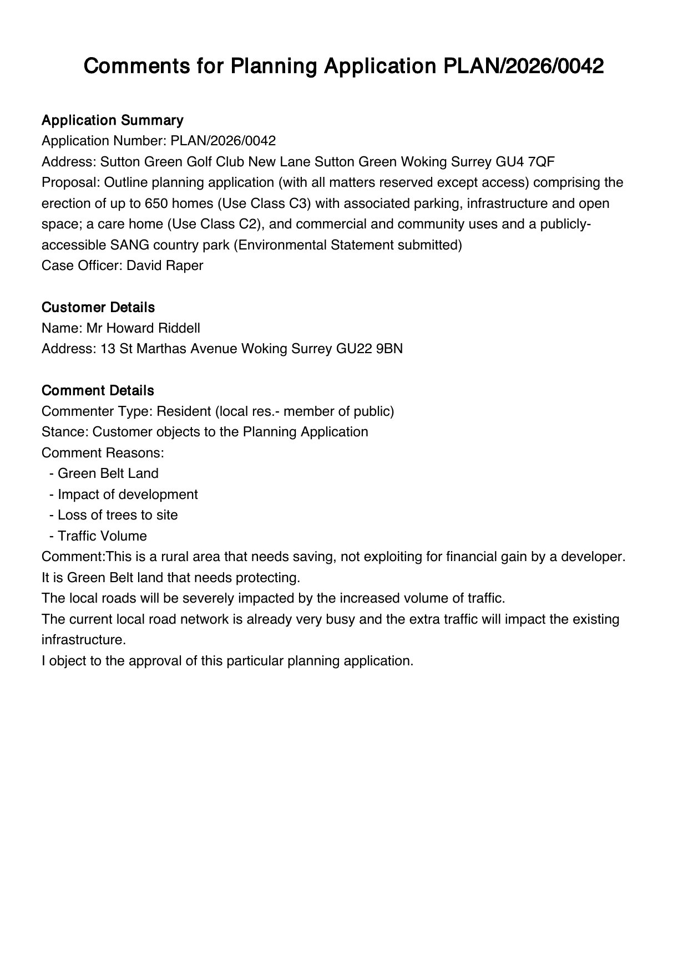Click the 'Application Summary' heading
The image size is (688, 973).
[x=112, y=120]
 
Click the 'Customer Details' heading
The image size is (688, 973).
[x=98, y=307]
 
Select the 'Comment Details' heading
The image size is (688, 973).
[x=97, y=390]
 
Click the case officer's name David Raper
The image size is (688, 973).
[x=165, y=266]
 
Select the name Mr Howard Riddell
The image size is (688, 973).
[x=143, y=328]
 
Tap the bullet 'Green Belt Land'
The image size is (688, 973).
[x=108, y=473]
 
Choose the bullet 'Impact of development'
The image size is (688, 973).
[x=127, y=495]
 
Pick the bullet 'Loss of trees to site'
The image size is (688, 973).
[x=117, y=515]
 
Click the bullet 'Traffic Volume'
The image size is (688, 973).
[x=102, y=536]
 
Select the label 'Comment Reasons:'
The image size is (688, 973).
[x=103, y=453]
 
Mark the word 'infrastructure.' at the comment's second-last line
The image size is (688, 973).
[x=84, y=640]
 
